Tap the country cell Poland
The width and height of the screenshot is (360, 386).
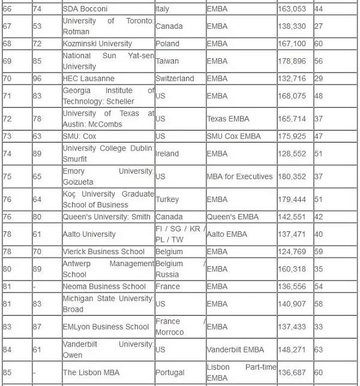pyautogui.click(x=169, y=44)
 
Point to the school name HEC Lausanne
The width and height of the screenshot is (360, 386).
pyautogui.click(x=89, y=79)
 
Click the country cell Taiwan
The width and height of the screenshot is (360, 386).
pyautogui.click(x=167, y=61)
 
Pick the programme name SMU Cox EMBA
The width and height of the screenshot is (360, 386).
pyautogui.click(x=234, y=136)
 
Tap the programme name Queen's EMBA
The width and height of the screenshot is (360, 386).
pyautogui.click(x=233, y=217)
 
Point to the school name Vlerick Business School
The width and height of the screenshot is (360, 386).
pyautogui.click(x=104, y=252)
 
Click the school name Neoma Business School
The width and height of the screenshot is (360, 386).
pyautogui.click(x=104, y=287)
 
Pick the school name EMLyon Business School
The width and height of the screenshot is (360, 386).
pyautogui.click(x=106, y=327)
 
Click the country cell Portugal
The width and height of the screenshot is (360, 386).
pyautogui.click(x=171, y=372)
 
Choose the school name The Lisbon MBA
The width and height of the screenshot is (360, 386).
pyautogui.click(x=91, y=372)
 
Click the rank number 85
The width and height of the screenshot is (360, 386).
pyautogui.click(x=7, y=372)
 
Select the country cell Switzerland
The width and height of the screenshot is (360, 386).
pyautogui.click(x=175, y=79)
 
